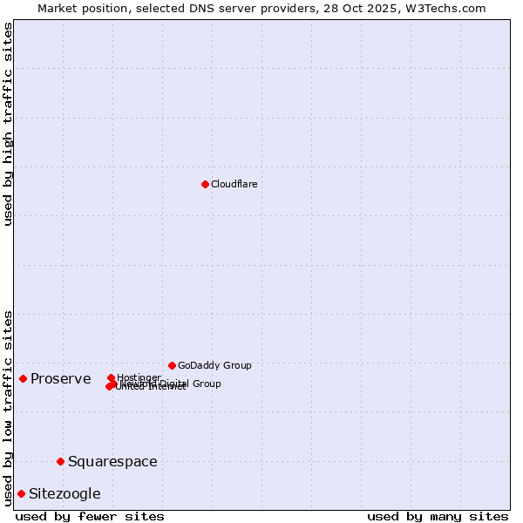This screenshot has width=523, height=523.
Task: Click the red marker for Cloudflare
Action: pyautogui.click(x=205, y=184)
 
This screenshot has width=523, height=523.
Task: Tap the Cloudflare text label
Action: pyautogui.click(x=234, y=184)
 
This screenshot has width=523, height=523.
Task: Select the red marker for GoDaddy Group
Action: pyautogui.click(x=172, y=365)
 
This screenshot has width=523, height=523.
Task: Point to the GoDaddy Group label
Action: pyautogui.click(x=214, y=365)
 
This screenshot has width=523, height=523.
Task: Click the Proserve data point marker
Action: pyautogui.click(x=23, y=378)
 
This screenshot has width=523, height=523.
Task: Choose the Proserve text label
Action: pyautogui.click(x=60, y=378)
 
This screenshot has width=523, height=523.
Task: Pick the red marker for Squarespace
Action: pyautogui.click(x=60, y=461)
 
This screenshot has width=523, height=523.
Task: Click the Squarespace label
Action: pyautogui.click(x=112, y=461)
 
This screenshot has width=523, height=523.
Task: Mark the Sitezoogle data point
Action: pyautogui.click(x=21, y=493)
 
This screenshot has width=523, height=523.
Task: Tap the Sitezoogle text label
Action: pyautogui.click(x=65, y=493)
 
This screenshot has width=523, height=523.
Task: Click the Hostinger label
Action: pyautogui.click(x=139, y=377)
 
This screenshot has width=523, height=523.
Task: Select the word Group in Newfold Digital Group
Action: pyautogui.click(x=206, y=384)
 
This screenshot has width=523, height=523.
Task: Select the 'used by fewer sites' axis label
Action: pyautogui.click(x=90, y=516)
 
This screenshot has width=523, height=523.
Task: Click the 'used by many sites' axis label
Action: pyautogui.click(x=438, y=516)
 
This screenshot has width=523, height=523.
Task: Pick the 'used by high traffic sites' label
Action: pyautogui.click(x=8, y=124)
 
